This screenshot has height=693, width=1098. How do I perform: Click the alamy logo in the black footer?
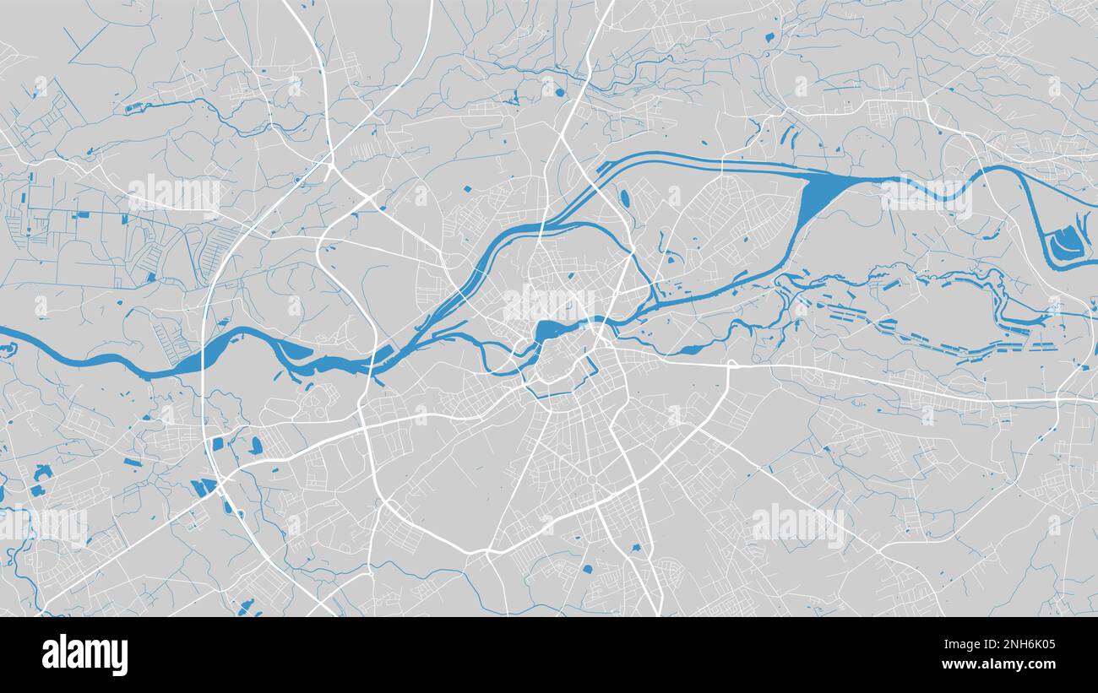point(85,655)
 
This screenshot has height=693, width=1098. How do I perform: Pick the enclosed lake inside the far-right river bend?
point(1066,241)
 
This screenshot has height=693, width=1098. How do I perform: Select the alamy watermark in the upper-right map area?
point(926,197)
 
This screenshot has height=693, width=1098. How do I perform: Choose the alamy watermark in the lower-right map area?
point(797,523)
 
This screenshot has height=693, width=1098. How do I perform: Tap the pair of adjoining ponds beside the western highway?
point(204,487)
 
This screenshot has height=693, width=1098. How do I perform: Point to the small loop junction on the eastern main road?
point(731,365)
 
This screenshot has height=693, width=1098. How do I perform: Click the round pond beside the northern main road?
point(624,198)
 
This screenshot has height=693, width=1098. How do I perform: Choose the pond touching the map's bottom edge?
point(246,605)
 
